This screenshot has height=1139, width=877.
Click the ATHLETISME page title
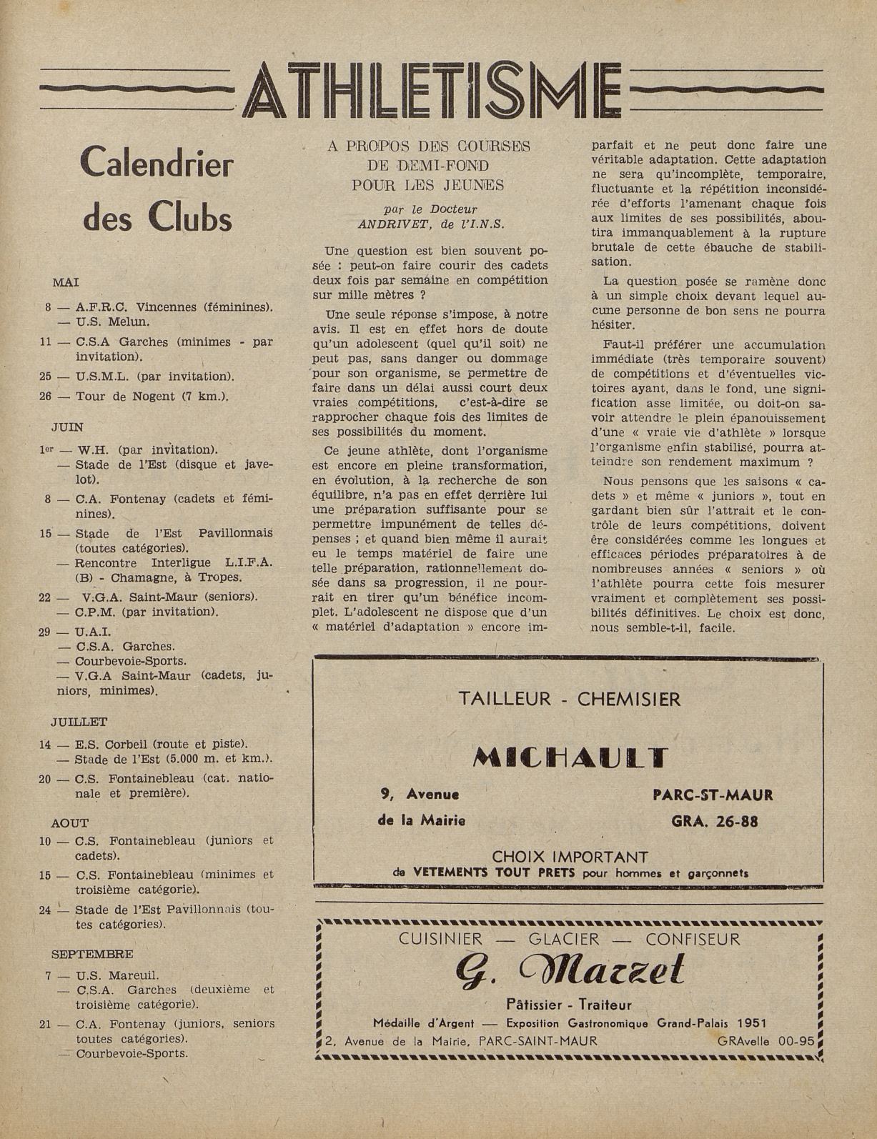[432, 93]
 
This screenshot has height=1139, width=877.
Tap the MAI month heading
[66, 283]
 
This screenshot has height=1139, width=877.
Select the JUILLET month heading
[79, 722]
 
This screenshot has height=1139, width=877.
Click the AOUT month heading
[69, 823]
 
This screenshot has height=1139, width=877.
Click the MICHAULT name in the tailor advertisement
[570, 758]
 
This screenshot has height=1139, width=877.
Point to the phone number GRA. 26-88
[714, 821]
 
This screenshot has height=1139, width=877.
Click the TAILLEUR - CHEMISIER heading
[569, 699]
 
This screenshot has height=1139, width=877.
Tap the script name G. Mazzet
[570, 971]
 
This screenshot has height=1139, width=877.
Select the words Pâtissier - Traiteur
[569, 1005]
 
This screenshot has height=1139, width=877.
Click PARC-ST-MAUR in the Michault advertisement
[713, 795]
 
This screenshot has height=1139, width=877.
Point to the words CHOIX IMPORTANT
[570, 856]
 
